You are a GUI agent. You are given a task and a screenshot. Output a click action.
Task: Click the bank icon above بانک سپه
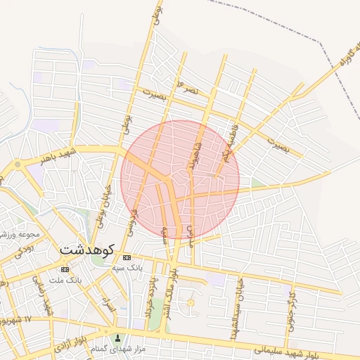(127, 258)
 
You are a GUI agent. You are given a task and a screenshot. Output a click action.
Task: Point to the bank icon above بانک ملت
(65, 269)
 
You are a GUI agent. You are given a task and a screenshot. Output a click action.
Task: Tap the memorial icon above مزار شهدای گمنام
(117, 338)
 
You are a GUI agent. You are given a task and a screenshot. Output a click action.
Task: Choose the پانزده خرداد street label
(153, 294)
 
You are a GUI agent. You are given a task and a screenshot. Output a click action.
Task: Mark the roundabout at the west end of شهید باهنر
(17, 165)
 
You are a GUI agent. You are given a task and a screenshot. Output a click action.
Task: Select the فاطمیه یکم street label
(229, 143)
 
